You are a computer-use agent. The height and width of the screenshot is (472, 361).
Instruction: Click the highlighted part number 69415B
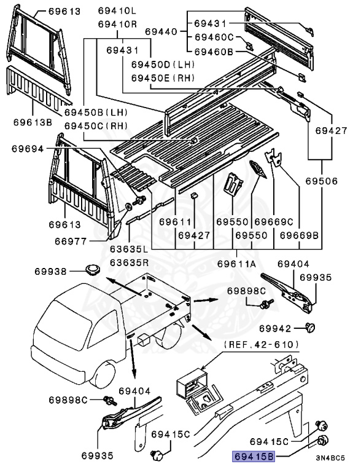pos(252,456)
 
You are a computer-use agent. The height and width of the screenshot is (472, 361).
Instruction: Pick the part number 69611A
pos(236,264)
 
